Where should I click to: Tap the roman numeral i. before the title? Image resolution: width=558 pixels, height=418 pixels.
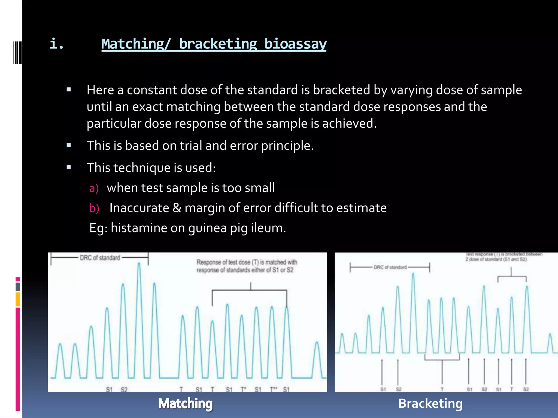point(57,44)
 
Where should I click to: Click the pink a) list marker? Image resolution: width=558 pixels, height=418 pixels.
point(94,188)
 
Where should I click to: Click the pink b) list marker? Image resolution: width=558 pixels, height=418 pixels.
point(94,208)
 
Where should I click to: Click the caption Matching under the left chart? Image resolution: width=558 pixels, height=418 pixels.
point(185,404)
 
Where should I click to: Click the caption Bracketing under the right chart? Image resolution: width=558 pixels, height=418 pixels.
point(430,404)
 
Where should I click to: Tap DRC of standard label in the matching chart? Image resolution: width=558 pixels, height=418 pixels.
point(100,258)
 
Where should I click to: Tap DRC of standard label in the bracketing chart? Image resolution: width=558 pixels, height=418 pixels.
point(390,268)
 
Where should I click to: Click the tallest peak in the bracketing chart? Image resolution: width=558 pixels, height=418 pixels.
point(413,274)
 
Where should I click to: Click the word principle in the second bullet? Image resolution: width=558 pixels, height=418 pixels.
point(287,146)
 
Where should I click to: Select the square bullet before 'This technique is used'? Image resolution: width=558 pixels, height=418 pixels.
point(69,167)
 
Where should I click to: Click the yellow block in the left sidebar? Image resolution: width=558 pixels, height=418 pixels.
point(18,299)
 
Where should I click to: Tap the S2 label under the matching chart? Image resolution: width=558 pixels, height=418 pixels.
point(124,389)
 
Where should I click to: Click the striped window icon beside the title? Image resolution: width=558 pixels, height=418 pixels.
point(17,52)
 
